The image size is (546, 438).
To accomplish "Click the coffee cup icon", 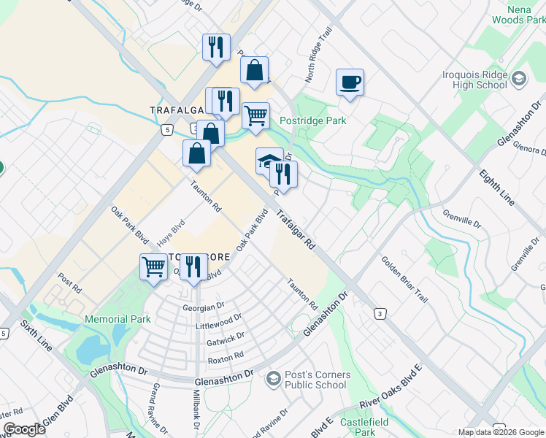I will tap(349, 81).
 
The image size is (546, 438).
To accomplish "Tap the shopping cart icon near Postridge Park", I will tap(255, 115).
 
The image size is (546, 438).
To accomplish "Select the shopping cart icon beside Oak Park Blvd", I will tap(153, 266).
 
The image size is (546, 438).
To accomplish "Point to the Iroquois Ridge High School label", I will tap(474, 80).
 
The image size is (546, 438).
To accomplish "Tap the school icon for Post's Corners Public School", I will tap(273, 378).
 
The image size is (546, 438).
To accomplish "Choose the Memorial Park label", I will tap(118, 319).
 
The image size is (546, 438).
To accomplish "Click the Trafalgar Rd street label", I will tap(295, 231).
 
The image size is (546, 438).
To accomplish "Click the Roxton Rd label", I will tap(226, 358).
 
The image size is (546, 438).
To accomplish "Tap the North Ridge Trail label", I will tap(319, 64).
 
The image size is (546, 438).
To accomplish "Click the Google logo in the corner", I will tap(23, 429).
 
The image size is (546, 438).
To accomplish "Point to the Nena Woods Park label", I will tap(520, 15).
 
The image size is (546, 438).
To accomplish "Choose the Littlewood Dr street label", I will tap(219, 322).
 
